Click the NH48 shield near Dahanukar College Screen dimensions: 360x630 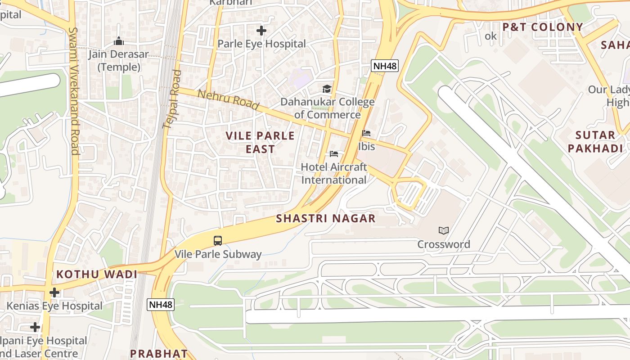point(385,66)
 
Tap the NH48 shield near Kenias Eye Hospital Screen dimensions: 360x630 point(161,305)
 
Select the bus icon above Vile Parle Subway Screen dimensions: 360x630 point(218,241)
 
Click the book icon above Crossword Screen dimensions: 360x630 point(444,231)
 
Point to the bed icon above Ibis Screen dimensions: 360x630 point(366,134)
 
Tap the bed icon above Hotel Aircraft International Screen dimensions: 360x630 point(334,154)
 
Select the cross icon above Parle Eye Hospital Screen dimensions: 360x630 point(261,31)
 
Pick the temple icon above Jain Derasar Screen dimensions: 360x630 point(119,41)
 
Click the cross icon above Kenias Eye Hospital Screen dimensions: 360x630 point(54,292)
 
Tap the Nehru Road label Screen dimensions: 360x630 point(229,100)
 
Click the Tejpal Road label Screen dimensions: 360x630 point(172,99)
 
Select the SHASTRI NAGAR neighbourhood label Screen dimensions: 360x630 point(326,219)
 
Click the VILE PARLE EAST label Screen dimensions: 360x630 point(260,142)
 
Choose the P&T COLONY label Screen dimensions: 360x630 point(543,27)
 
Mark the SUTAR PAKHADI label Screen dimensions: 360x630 point(595,142)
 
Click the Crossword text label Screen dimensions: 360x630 point(444,244)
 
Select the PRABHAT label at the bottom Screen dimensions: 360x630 point(159,353)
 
